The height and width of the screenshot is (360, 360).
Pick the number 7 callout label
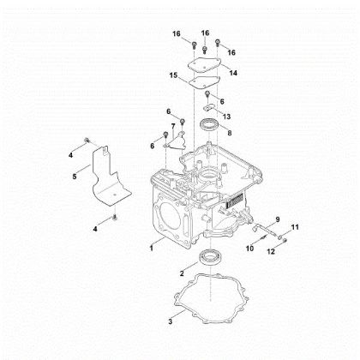click(173, 126)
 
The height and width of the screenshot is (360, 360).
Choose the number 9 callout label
click(277, 221)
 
